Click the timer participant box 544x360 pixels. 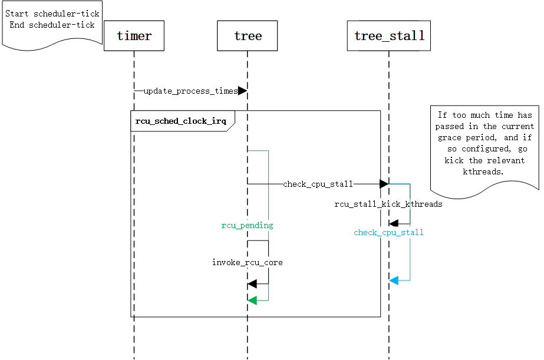[x=134, y=36]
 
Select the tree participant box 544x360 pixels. [x=248, y=36]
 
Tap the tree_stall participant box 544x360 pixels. [x=389, y=36]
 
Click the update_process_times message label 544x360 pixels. [x=190, y=91]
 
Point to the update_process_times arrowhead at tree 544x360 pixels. [x=242, y=91]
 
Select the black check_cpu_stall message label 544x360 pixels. [x=318, y=184]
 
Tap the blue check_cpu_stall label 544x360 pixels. [x=388, y=233]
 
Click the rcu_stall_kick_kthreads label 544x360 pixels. [x=388, y=204]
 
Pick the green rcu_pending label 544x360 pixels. [x=247, y=225]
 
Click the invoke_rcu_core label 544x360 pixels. [x=248, y=262]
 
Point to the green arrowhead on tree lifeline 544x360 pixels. [x=252, y=300]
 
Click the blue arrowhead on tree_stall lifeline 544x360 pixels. [x=394, y=280]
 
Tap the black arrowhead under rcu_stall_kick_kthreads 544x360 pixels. [x=394, y=223]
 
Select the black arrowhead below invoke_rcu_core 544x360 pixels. [x=252, y=285]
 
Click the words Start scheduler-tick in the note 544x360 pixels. [x=52, y=14]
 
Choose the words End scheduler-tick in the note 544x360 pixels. [x=52, y=25]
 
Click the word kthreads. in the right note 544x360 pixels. [x=484, y=171]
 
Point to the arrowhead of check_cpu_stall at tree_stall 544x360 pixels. [x=384, y=184]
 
